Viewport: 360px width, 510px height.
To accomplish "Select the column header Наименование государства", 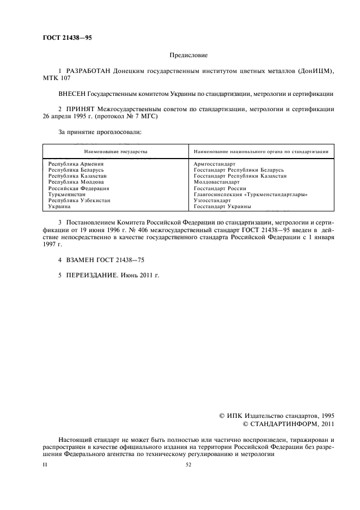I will (x=115, y=151).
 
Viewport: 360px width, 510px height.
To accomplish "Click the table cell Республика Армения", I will (x=76, y=163).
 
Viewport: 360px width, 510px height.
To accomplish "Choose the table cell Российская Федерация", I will (x=79, y=188).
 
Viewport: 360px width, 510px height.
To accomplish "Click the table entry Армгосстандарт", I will (x=214, y=163).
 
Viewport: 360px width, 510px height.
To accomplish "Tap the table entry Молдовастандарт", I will (x=216, y=182).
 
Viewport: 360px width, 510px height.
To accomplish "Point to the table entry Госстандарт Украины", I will (x=222, y=207).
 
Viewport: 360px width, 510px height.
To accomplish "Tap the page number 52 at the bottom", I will (x=188, y=465).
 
